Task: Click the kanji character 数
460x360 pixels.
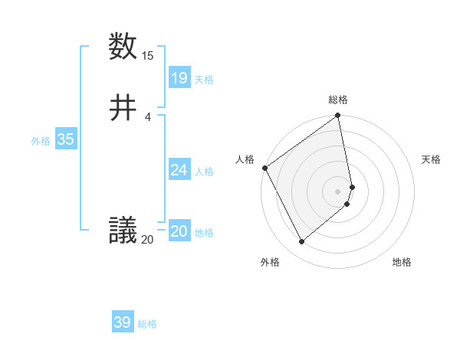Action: (123, 47)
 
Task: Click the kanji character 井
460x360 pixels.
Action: (123, 108)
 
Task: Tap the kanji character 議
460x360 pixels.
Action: (123, 230)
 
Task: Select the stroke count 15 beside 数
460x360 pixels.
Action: (148, 56)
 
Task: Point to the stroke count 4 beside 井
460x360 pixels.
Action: (148, 117)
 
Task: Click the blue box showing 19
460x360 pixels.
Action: (179, 77)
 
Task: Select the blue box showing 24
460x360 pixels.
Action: (179, 170)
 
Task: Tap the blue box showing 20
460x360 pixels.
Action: (179, 231)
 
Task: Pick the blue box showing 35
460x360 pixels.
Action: (66, 139)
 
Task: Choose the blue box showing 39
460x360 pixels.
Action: (123, 322)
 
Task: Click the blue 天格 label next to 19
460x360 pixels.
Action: (204, 80)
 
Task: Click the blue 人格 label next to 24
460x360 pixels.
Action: (204, 172)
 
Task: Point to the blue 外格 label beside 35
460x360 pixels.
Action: (41, 141)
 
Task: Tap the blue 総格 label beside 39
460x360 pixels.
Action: (147, 324)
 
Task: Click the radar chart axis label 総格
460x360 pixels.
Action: (338, 100)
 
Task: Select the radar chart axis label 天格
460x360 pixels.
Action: (431, 159)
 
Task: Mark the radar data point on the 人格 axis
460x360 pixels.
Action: (264, 168)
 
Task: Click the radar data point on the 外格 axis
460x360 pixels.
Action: (301, 242)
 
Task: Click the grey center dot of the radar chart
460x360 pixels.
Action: (338, 191)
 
